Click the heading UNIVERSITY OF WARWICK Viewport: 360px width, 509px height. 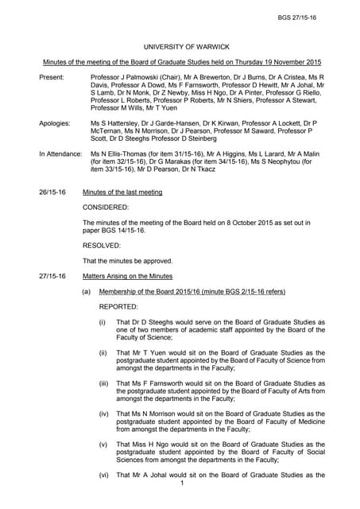[x=180, y=47]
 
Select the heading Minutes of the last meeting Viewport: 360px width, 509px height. [x=122, y=192]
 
